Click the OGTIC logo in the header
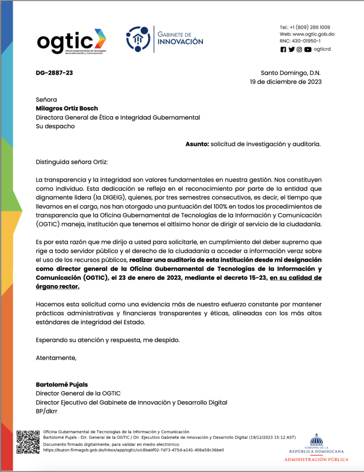point(71,41)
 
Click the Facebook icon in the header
point(283,50)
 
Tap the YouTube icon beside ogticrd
point(307,50)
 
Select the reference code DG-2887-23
point(54,73)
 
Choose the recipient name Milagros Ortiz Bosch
point(67,108)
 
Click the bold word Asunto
point(197,144)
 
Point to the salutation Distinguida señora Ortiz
point(71,162)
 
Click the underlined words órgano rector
point(57,287)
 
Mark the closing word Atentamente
point(56,358)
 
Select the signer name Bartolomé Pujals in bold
point(62,384)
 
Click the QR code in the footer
point(28,442)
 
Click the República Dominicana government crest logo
point(316,440)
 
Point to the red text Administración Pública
point(316,460)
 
